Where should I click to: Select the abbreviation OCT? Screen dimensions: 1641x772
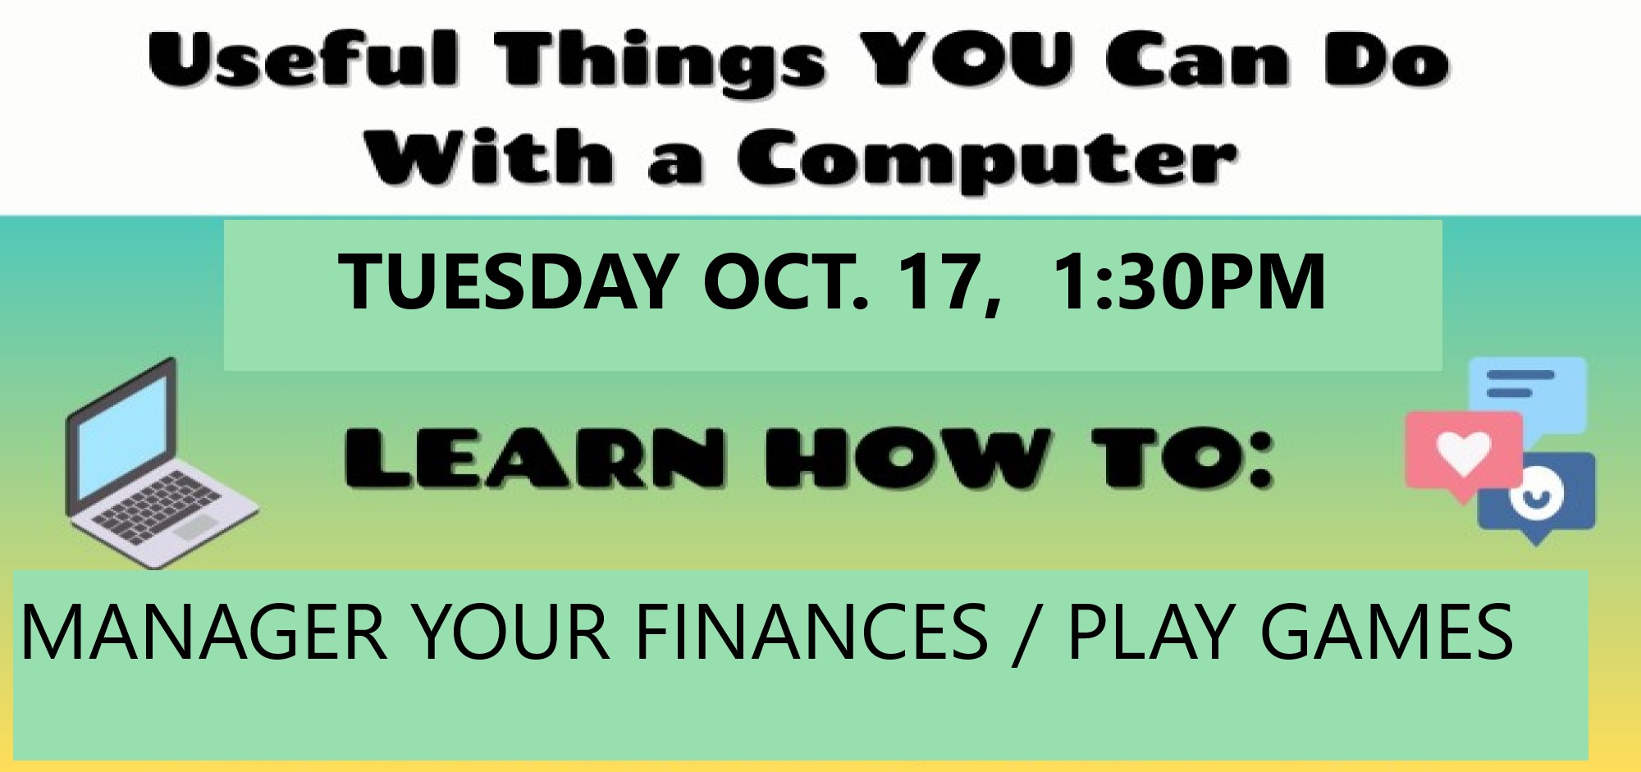point(784,281)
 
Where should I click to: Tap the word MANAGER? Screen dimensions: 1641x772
point(203,631)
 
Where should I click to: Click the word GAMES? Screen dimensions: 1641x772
point(1386,631)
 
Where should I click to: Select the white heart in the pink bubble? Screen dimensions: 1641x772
point(1465,454)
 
